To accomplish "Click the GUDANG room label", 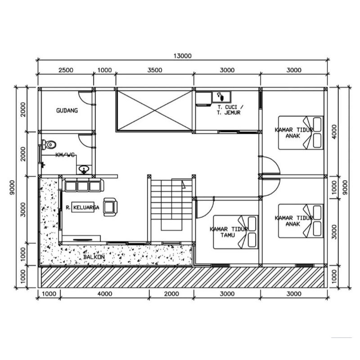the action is tap(67, 110).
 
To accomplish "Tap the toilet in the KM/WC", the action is tap(49, 145).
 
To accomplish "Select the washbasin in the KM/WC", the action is tap(84, 170).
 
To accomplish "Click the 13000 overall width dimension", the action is tap(182, 56).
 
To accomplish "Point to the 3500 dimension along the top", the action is tap(155, 70).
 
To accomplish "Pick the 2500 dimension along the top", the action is tap(66, 70).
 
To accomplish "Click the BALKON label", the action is tap(94, 256).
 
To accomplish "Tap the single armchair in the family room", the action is tap(110, 207).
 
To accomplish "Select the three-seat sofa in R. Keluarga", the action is tap(84, 185).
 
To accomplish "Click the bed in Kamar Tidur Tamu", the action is tap(236, 232).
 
